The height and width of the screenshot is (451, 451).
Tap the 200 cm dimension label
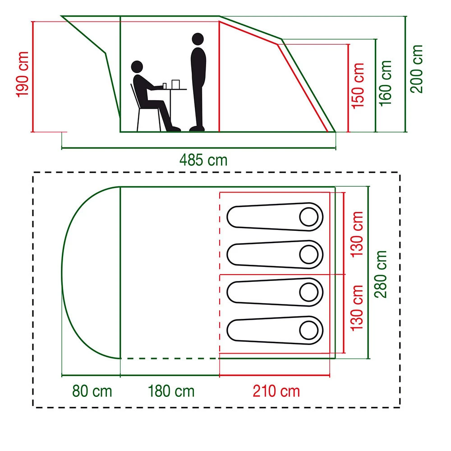tap(416, 69)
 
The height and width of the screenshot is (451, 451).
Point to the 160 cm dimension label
tap(386, 83)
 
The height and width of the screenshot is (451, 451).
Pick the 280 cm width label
tap(381, 274)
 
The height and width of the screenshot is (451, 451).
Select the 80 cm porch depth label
tap(92, 391)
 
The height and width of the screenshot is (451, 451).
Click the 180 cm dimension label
tap(171, 391)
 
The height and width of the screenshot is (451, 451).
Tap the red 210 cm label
tap(276, 391)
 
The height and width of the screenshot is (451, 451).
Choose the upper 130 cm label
tap(358, 233)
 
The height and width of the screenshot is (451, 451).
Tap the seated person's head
tap(137, 67)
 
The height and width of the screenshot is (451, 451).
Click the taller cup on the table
tap(175, 84)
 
